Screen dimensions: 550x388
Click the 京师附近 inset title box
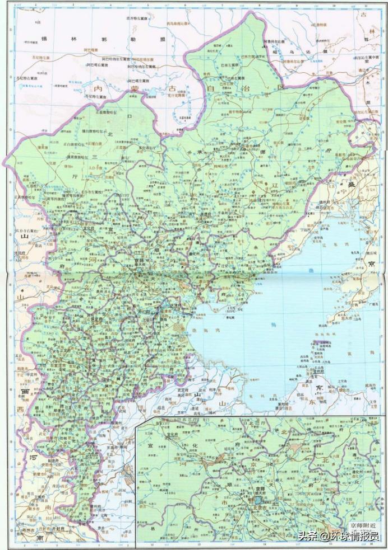tap(363, 525)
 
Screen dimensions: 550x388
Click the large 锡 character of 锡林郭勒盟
tap(45, 39)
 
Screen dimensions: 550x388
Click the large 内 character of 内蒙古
tap(100, 88)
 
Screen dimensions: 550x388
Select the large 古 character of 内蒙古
tap(171, 88)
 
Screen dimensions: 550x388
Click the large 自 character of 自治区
tap(211, 88)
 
